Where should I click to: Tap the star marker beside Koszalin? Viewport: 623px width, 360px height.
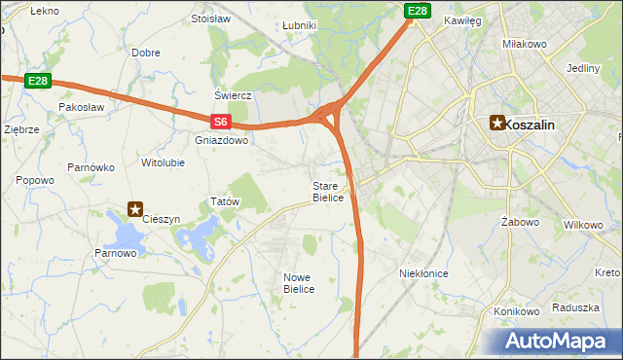click(x=497, y=123)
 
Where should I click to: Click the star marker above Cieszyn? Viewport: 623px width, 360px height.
click(x=136, y=207)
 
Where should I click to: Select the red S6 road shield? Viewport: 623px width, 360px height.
click(x=221, y=123)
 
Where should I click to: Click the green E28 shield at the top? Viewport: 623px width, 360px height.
click(x=417, y=11)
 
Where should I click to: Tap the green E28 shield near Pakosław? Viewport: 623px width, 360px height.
click(x=38, y=81)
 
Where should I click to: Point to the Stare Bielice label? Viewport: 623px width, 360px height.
click(x=328, y=192)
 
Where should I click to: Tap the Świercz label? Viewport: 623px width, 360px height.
click(x=234, y=95)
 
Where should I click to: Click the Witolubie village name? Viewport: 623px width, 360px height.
click(x=163, y=162)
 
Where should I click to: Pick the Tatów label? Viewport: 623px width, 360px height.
click(x=225, y=201)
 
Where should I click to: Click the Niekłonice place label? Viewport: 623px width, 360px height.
click(x=423, y=273)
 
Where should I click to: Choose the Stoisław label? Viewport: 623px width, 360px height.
click(x=210, y=18)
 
